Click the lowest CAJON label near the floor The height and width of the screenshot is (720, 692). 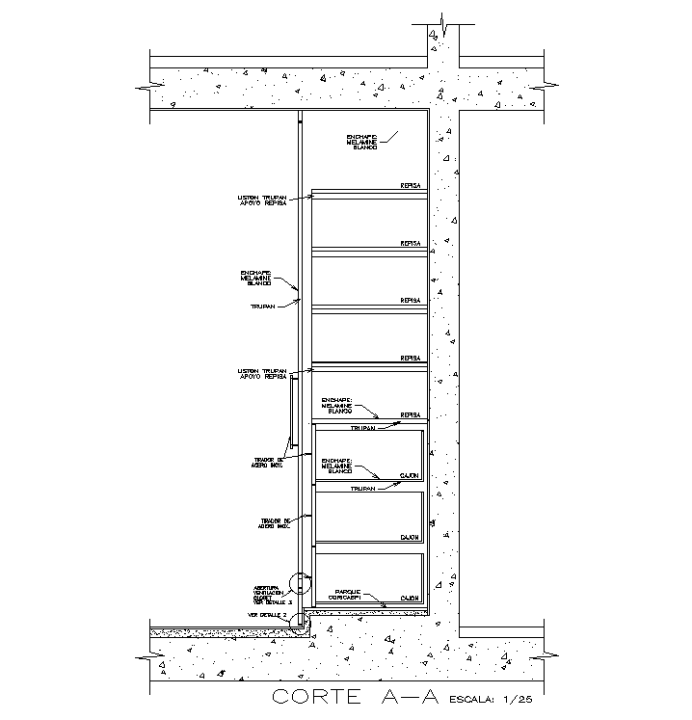click(411, 599)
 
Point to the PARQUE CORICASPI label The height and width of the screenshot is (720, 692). click(348, 595)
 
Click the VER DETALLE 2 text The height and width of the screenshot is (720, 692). click(268, 614)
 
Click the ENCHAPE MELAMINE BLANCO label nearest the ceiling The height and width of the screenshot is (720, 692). click(365, 141)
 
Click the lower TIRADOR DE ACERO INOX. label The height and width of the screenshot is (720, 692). click(274, 522)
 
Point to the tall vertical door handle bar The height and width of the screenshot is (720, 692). click(292, 414)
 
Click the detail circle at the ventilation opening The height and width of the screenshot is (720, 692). click(301, 583)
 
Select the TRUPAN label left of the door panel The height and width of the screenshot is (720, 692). click(263, 307)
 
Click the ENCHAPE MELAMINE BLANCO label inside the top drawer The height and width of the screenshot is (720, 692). click(338, 466)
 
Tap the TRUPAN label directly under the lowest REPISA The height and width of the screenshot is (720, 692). click(363, 428)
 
